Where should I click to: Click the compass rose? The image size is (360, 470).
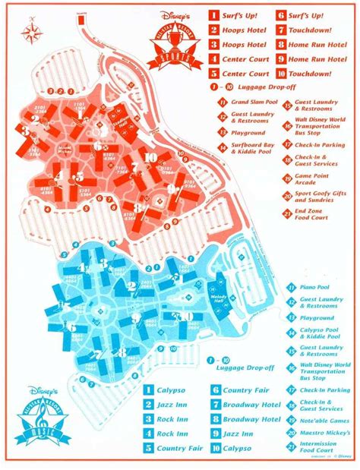pos(31,33)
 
